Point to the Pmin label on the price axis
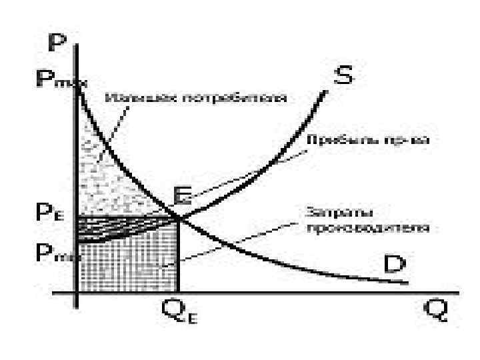tap(51, 254)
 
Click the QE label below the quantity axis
tap(180, 313)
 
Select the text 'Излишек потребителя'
tap(196, 98)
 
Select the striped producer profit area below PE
tap(107, 227)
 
